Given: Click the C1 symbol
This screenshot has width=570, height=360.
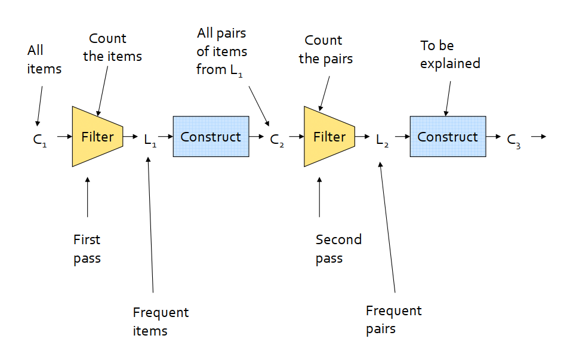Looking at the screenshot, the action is pyautogui.click(x=39, y=140).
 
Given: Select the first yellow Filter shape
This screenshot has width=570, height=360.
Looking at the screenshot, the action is pyautogui.click(x=97, y=137).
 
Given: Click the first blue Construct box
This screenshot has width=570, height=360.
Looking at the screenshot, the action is pyautogui.click(x=211, y=136).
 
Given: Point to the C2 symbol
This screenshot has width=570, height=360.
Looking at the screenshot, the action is pyautogui.click(x=276, y=140).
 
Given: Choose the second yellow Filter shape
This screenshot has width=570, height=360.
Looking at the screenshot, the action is pyautogui.click(x=329, y=137).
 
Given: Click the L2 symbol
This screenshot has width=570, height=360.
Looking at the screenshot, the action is pyautogui.click(x=382, y=140).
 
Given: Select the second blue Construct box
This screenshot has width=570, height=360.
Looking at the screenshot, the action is pyautogui.click(x=448, y=136).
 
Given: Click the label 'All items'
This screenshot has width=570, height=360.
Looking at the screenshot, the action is pyautogui.click(x=44, y=60).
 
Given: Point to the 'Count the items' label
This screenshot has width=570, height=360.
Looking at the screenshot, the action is pyautogui.click(x=112, y=48).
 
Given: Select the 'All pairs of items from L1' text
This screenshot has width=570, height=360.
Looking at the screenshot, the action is pyautogui.click(x=222, y=52).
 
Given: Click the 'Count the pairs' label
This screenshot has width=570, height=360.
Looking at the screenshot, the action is pyautogui.click(x=326, y=50).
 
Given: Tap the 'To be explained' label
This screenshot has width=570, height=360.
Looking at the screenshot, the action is pyautogui.click(x=450, y=54).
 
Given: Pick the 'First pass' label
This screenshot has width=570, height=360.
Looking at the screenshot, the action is pyautogui.click(x=87, y=250).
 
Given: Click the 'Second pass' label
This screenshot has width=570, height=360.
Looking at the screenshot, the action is pyautogui.click(x=338, y=250).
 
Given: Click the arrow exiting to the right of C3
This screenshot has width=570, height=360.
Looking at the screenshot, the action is pyautogui.click(x=539, y=136).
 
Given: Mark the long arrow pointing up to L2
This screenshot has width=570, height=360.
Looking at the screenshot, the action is pyautogui.click(x=387, y=227).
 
